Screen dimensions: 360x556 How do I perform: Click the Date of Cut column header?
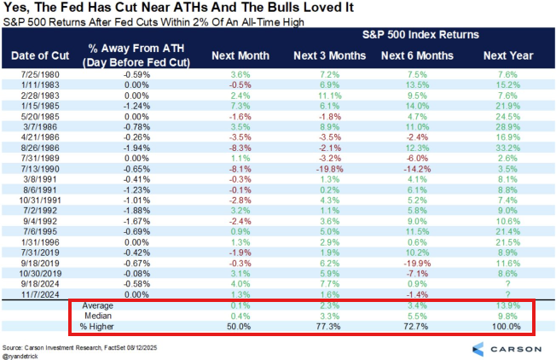coord(43,56)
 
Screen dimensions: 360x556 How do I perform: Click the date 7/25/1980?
coord(43,75)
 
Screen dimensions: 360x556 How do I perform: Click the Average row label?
coord(96,304)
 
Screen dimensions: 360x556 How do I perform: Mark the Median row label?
coord(96,315)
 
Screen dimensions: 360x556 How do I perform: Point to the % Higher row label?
coord(96,326)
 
